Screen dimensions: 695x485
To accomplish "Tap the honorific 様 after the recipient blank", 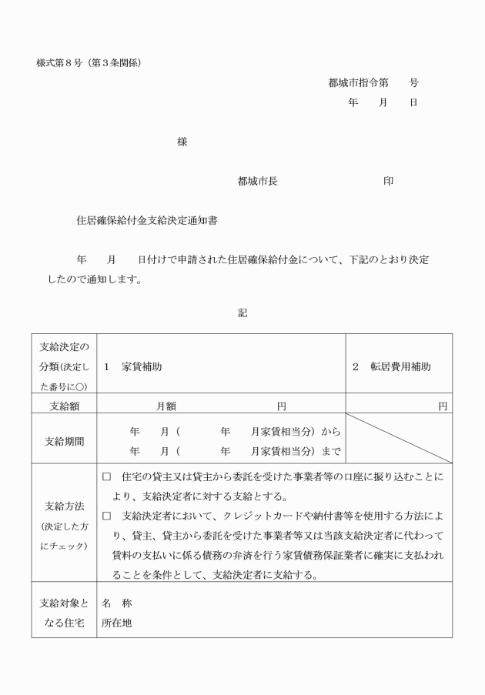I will click(x=182, y=142).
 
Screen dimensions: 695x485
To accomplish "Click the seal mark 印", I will click(x=388, y=182).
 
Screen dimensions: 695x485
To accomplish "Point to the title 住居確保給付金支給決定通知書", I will click(x=146, y=221).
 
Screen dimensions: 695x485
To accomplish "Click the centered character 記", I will click(x=242, y=312).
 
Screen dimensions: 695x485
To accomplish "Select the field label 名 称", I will click(x=117, y=603).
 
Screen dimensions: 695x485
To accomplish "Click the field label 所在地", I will click(x=117, y=623).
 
